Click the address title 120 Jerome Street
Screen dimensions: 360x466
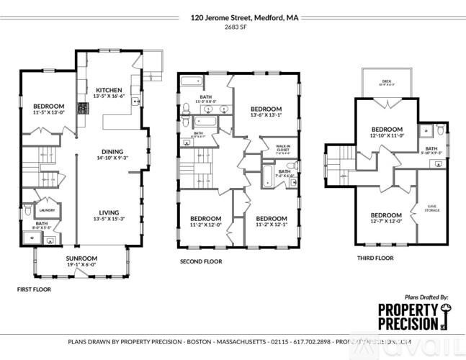[232, 17]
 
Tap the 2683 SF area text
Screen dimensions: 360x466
[232, 27]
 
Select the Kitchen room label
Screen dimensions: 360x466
[109, 90]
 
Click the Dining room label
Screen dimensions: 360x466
[112, 152]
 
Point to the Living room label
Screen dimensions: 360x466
[109, 212]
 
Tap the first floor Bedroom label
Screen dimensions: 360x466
[48, 106]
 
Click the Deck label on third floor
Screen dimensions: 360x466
[387, 81]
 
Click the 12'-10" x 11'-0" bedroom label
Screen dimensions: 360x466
[386, 130]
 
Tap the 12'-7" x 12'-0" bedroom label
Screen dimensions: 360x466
[386, 215]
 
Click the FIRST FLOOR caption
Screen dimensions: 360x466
[35, 289]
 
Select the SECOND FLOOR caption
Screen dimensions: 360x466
[200, 261]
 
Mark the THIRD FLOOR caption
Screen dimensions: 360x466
[375, 258]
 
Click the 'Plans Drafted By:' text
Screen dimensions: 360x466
[426, 297]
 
